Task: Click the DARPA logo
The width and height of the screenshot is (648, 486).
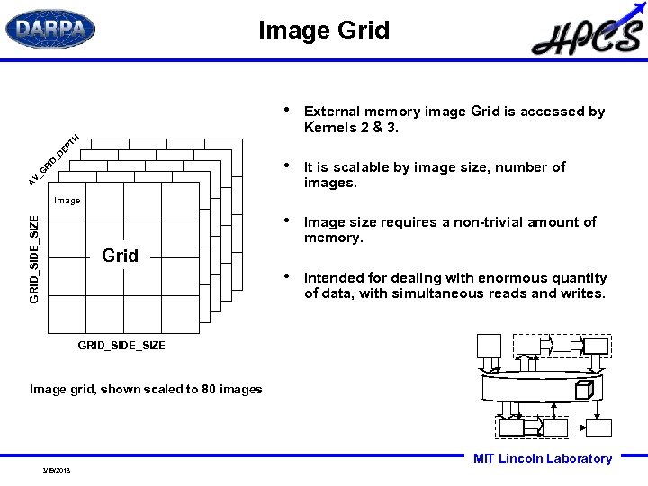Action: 50,29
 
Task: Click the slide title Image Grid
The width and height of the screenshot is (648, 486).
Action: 324,31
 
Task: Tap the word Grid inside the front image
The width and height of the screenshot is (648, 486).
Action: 121,256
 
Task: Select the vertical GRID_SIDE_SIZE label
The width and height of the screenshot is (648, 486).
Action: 34,258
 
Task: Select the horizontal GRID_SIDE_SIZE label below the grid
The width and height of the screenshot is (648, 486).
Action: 121,346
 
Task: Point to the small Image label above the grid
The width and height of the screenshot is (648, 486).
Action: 67,201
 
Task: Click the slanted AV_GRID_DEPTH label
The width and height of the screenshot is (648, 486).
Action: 54,160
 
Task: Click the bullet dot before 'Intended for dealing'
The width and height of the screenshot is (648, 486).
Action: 285,275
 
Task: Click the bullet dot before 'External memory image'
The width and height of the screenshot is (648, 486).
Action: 285,110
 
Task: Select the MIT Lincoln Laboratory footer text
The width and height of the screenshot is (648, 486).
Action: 542,458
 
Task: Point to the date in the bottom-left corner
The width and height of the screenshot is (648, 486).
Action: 56,470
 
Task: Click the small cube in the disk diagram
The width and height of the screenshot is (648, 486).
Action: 583,390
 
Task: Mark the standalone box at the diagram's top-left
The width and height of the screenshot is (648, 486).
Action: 489,346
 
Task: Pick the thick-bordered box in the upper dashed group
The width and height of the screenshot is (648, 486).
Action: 595,346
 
